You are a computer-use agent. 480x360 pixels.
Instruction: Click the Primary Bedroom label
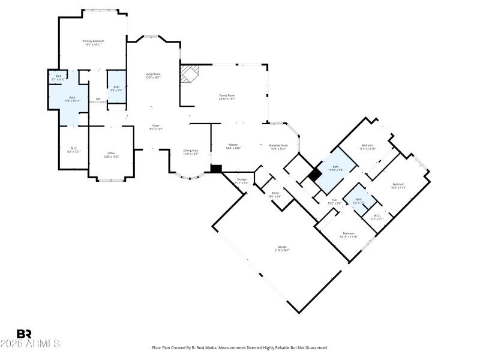click(93, 41)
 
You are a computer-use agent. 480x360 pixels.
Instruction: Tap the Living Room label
click(153, 74)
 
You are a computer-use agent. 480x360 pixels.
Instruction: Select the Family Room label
click(226, 95)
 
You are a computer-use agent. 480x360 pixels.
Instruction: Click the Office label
click(111, 154)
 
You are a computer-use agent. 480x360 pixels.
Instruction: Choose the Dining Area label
click(191, 151)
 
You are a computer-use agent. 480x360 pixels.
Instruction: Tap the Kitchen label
click(233, 145)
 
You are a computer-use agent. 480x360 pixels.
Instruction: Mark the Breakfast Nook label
click(279, 145)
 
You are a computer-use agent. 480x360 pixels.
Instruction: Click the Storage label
click(241, 179)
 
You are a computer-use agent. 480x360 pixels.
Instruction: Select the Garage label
click(281, 247)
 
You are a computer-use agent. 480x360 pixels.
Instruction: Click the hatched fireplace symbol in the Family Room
click(191, 74)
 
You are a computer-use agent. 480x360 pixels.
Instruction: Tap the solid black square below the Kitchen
click(217, 169)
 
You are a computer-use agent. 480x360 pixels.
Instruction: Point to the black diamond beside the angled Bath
click(314, 176)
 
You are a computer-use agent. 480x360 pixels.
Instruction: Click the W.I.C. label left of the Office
click(74, 148)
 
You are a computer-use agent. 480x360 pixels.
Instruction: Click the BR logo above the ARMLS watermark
click(24, 334)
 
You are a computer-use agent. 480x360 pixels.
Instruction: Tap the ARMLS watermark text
click(30, 344)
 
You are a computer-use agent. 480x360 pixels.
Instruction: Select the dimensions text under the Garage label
click(281, 250)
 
